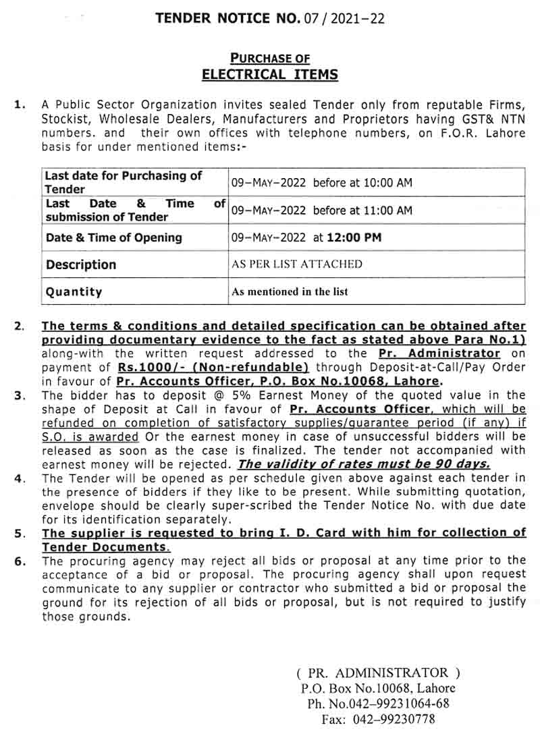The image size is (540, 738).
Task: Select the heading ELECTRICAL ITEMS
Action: pyautogui.click(x=270, y=74)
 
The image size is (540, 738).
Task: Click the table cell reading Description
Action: pyautogui.click(x=81, y=265)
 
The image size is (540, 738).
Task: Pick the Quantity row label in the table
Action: pyautogui.click(x=74, y=292)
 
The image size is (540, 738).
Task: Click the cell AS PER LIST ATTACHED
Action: pyautogui.click(x=297, y=264)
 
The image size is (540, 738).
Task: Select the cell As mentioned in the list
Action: pyautogui.click(x=290, y=292)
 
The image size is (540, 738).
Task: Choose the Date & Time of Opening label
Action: pyautogui.click(x=114, y=237)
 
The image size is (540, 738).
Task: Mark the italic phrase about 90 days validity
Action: pyautogui.click(x=364, y=464)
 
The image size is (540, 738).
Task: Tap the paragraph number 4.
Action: pyautogui.click(x=20, y=478)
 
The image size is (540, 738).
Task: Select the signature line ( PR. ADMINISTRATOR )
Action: pyautogui.click(x=378, y=673)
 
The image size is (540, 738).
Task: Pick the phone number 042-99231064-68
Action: pyautogui.click(x=394, y=704)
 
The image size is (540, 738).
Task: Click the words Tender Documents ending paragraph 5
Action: pyautogui.click(x=105, y=547)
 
